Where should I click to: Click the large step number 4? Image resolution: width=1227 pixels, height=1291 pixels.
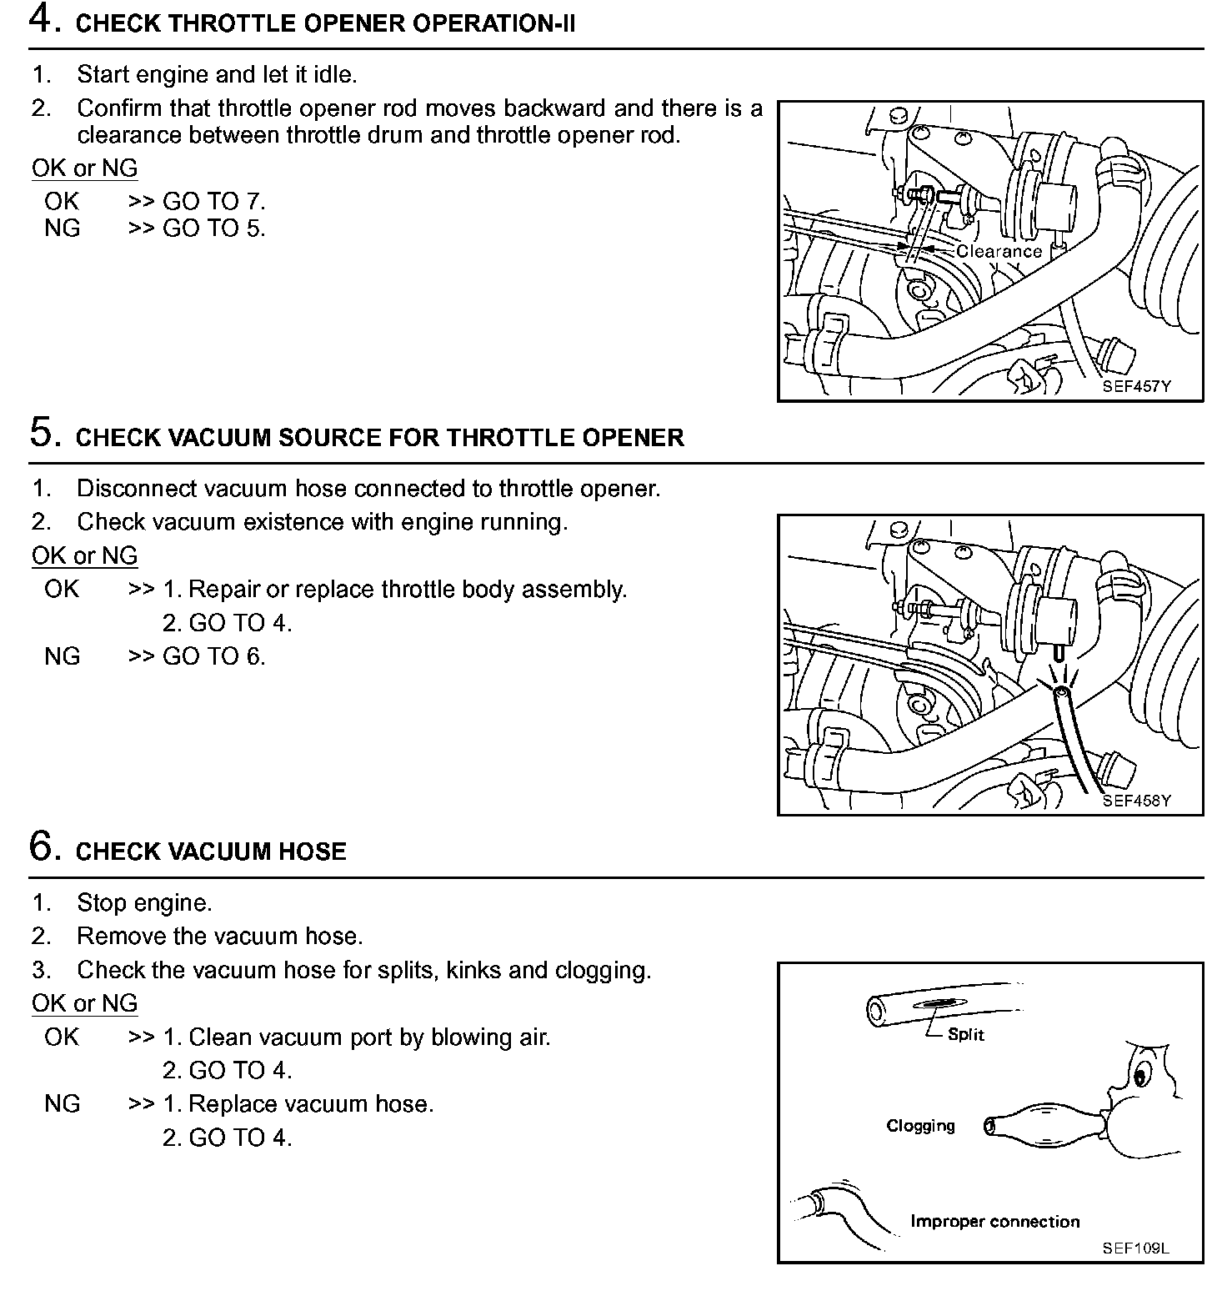tap(43, 20)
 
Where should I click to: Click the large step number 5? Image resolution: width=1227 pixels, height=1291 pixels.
tap(43, 433)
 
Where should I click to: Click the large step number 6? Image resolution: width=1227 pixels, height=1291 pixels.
tap(43, 846)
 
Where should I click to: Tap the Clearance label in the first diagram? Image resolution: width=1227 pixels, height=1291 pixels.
tap(999, 251)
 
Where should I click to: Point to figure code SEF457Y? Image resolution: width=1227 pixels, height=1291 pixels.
tap(1136, 387)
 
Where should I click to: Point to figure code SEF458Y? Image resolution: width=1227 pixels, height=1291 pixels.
tap(1136, 801)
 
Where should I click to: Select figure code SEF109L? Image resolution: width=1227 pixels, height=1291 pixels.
tap(1135, 1248)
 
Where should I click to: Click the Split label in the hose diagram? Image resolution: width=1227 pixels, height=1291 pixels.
tap(966, 1035)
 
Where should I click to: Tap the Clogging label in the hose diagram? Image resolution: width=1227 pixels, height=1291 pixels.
tap(920, 1126)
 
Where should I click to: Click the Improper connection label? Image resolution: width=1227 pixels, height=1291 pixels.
tap(994, 1222)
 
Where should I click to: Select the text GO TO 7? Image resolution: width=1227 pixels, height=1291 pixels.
tap(213, 201)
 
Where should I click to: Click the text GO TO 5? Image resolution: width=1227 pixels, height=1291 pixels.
tap(213, 228)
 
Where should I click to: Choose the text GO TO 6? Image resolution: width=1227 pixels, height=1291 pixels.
tap(213, 656)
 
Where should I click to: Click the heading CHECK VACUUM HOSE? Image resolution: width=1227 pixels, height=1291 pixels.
tap(211, 851)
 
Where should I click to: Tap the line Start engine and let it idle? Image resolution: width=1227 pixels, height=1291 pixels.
tap(217, 74)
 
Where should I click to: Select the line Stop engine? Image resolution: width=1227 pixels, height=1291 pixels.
tap(144, 902)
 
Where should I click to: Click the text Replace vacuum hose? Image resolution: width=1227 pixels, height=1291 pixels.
tap(310, 1104)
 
